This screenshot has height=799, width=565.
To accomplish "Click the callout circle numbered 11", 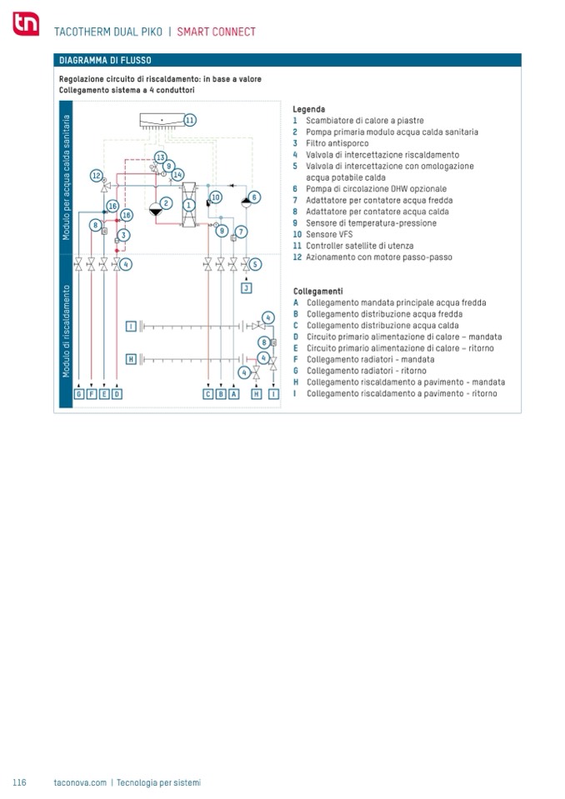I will point(189,120).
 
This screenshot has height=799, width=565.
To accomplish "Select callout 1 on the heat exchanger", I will point(189,204).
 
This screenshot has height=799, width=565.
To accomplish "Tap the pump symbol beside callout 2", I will point(155,209).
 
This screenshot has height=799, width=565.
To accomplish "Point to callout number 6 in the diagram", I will point(254,197).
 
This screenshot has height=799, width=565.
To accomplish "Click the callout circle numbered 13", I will point(160,157).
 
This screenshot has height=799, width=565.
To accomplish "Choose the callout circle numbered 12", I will point(97,176).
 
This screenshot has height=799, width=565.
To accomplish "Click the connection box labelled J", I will point(246,287).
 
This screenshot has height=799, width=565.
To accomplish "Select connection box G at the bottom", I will point(78,393).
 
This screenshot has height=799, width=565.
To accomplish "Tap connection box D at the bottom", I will point(117,393).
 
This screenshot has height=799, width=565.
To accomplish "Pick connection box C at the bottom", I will point(207,393).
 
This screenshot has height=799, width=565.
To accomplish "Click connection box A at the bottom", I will point(233,393).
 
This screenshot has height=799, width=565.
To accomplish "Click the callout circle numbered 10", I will point(215,197).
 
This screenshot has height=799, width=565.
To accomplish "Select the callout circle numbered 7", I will point(241,231).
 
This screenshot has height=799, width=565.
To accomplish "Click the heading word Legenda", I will point(308,109).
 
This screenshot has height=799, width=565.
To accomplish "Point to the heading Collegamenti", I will point(317,292).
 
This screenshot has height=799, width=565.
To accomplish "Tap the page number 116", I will point(19,782).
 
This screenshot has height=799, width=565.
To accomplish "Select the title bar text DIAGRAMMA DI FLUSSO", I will point(105,60).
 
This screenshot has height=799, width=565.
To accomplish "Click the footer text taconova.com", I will point(80,782).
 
